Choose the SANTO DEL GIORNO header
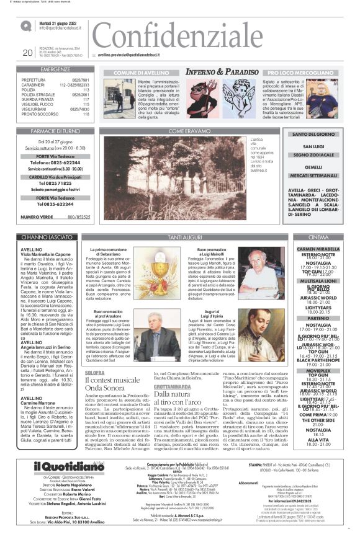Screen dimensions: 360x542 click(314, 135)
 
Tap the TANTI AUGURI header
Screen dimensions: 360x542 click(186, 238)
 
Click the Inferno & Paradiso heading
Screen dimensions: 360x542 click(223, 72)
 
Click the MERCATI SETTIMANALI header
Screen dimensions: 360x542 click(314, 175)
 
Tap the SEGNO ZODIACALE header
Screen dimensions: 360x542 click(314, 155)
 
